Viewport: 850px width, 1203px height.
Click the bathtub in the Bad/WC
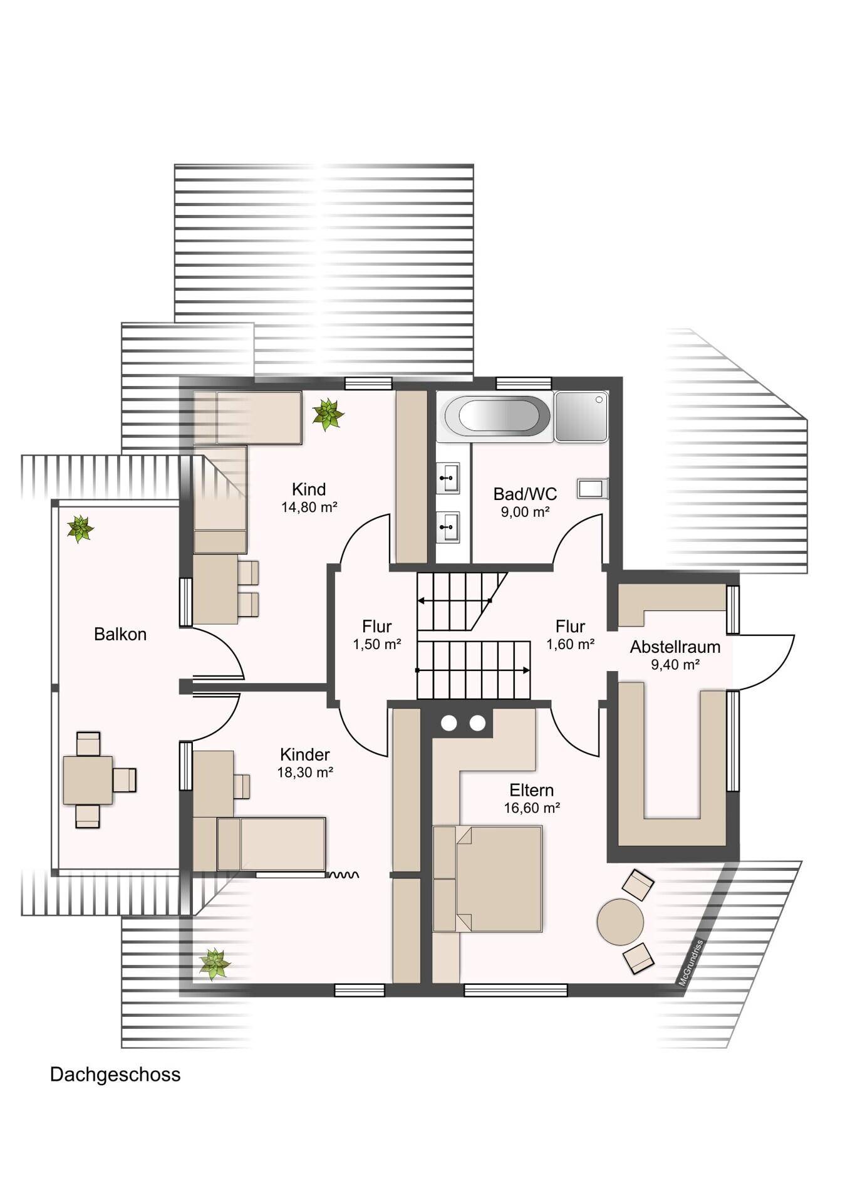(497, 415)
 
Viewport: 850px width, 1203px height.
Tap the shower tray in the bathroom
(581, 416)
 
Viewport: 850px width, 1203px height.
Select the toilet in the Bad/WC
(593, 488)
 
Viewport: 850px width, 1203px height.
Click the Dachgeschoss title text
(115, 1075)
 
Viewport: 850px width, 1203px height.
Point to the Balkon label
(120, 634)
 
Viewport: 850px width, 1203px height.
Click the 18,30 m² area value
(305, 773)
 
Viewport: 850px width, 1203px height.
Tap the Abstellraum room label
(675, 647)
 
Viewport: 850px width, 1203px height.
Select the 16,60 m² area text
(532, 808)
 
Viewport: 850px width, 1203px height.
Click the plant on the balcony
(80, 529)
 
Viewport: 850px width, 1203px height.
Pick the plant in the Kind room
(328, 414)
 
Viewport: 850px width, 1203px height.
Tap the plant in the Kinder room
(215, 964)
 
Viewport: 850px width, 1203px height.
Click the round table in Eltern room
(620, 922)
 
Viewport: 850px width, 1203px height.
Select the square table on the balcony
(88, 780)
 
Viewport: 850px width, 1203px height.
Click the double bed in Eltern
(487, 878)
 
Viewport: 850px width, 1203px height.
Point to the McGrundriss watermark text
(692, 963)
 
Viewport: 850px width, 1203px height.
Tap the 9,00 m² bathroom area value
(525, 512)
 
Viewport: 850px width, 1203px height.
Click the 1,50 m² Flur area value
(376, 644)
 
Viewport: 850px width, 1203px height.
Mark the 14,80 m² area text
(309, 507)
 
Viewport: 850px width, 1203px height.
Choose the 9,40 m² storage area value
(675, 665)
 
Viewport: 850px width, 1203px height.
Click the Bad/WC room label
(525, 494)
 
